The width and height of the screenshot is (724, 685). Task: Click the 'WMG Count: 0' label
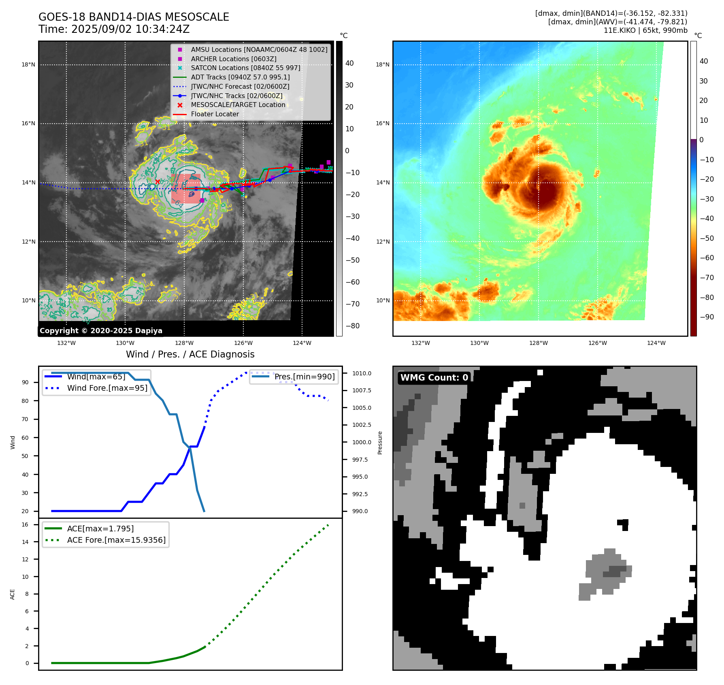tap(434, 378)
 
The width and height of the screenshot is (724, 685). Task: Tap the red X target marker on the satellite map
tap(158, 182)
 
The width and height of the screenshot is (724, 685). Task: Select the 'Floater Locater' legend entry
tap(215, 114)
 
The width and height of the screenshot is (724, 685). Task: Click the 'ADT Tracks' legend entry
tap(240, 77)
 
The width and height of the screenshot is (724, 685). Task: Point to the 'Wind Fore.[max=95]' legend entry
tap(107, 388)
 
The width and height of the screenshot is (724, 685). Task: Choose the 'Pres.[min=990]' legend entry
tap(305, 377)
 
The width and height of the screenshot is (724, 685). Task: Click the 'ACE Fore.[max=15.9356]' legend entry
tap(116, 540)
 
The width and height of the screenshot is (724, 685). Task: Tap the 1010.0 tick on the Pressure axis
tap(362, 373)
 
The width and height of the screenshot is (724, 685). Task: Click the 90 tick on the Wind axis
tap(25, 383)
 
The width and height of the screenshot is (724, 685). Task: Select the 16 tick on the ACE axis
tap(25, 525)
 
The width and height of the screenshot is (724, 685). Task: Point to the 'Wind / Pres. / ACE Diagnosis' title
tap(190, 355)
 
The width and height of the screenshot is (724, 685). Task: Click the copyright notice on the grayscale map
tap(101, 331)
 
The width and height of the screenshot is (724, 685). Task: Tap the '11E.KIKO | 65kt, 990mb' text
tap(645, 30)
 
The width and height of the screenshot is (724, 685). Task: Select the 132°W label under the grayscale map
tap(66, 343)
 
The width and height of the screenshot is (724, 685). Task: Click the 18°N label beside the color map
tap(383, 65)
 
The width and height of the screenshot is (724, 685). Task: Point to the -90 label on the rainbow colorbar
tap(707, 317)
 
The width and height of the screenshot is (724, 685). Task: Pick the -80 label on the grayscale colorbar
tap(352, 326)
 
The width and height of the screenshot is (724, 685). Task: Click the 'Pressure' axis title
tap(380, 443)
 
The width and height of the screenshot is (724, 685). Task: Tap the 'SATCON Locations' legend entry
tap(245, 68)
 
